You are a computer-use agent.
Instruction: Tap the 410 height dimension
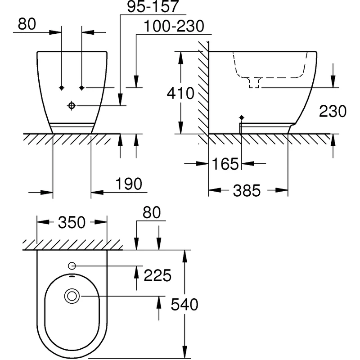point(180,93)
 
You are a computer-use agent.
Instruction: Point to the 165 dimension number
point(225,164)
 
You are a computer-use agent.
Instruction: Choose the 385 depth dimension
point(247,191)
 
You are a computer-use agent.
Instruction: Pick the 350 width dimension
point(72,222)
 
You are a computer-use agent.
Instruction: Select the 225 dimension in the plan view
point(157,275)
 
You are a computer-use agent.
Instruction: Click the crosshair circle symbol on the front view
point(71,105)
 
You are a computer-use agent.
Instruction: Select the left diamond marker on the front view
point(62,87)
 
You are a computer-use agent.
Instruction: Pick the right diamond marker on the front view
point(81,87)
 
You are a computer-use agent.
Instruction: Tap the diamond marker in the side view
point(242,117)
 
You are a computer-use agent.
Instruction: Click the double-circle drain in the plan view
point(72,296)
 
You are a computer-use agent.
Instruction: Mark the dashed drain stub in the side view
point(254,83)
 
